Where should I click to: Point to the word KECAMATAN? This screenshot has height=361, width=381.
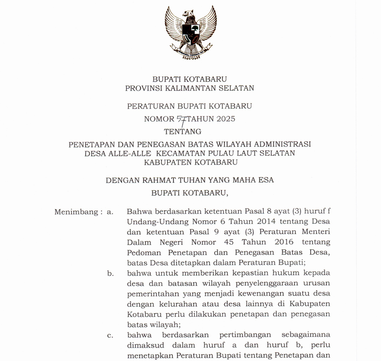click(x=189, y=153)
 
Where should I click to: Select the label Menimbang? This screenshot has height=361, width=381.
click(x=76, y=212)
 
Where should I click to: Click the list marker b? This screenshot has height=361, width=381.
click(x=110, y=273)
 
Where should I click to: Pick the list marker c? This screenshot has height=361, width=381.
click(x=110, y=336)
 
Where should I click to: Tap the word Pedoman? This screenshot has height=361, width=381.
click(x=144, y=252)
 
